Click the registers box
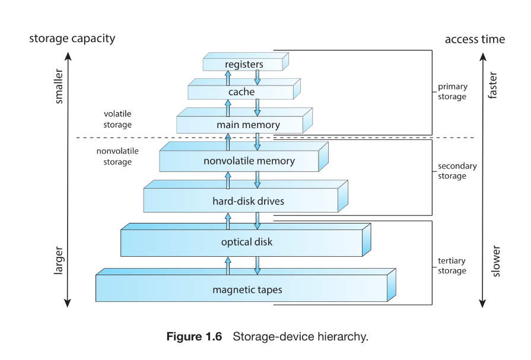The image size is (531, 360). [x=244, y=64]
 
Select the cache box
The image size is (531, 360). [x=241, y=93]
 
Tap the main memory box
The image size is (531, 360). [x=244, y=125]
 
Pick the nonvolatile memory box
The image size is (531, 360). [x=244, y=161]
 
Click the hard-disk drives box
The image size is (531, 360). [x=244, y=201]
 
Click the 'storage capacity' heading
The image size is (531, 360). [x=72, y=39]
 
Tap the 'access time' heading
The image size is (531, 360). [x=475, y=39]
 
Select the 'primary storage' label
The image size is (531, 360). [x=453, y=91]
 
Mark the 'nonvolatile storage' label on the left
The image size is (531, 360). [x=117, y=157]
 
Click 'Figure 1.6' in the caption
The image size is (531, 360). [x=194, y=337]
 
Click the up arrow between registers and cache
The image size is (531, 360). [x=228, y=78]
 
